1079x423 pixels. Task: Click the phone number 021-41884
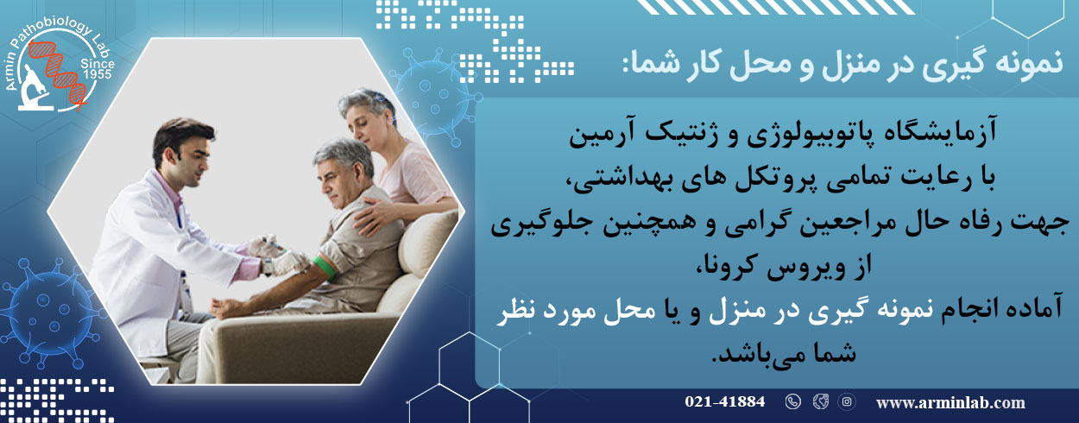coord(724,401)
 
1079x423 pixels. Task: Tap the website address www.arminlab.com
coord(950,403)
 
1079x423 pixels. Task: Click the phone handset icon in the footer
coord(793,401)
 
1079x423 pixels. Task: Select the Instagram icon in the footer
coord(846,401)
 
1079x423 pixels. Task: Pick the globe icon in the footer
coord(820,401)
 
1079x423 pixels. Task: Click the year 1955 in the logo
coord(98,74)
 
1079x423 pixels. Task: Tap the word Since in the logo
coord(98,64)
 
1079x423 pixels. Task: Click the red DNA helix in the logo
coord(59,73)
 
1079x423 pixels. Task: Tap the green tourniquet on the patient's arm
coord(324,268)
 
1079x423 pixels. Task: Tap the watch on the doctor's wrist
coord(267,266)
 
